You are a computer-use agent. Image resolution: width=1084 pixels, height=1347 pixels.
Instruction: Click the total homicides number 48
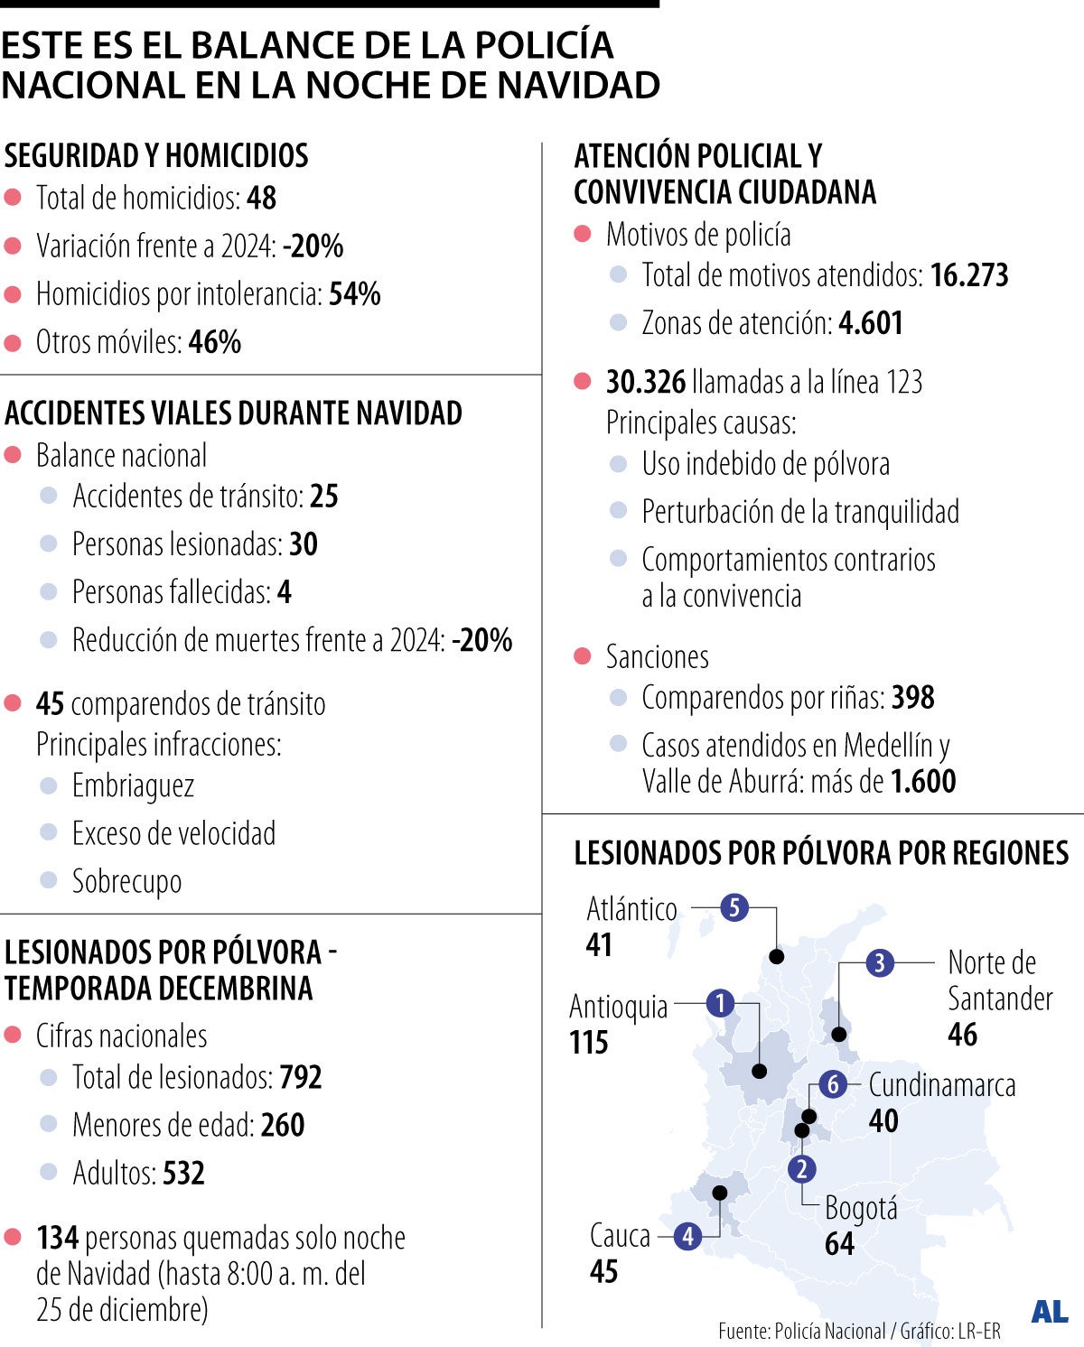tap(261, 198)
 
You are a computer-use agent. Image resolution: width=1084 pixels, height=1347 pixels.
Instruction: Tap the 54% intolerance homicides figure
tap(354, 294)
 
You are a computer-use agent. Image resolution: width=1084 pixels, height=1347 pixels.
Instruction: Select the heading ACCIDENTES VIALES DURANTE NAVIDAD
tap(233, 413)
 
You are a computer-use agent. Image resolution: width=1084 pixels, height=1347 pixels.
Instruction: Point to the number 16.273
tap(968, 275)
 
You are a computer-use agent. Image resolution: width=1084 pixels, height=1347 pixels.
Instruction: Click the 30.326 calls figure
tap(645, 383)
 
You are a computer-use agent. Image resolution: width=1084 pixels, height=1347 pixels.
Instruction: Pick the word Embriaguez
tap(133, 785)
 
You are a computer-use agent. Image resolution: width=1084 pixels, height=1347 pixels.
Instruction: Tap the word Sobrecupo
tap(126, 881)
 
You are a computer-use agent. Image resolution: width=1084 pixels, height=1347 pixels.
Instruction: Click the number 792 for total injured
tap(301, 1077)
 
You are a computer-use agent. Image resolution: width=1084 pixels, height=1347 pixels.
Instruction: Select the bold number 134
tap(57, 1238)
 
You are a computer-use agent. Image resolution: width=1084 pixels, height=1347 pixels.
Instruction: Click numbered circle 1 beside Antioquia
tap(720, 1003)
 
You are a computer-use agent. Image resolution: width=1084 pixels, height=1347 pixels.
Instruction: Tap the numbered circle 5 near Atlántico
tap(734, 907)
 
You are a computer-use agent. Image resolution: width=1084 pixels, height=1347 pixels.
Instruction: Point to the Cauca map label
tap(620, 1235)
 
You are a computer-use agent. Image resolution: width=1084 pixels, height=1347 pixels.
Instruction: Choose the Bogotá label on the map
tap(861, 1208)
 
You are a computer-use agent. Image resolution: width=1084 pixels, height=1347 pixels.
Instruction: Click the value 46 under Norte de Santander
tap(962, 1035)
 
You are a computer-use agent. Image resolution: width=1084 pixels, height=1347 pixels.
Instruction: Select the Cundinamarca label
tap(941, 1085)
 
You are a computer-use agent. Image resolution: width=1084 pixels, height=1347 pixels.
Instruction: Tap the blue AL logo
tap(1049, 1312)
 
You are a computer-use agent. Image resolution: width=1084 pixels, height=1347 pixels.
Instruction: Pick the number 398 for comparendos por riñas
tap(912, 698)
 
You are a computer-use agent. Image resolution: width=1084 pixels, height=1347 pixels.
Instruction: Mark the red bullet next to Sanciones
tap(583, 656)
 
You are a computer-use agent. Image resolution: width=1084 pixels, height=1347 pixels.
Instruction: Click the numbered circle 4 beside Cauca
tap(688, 1236)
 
